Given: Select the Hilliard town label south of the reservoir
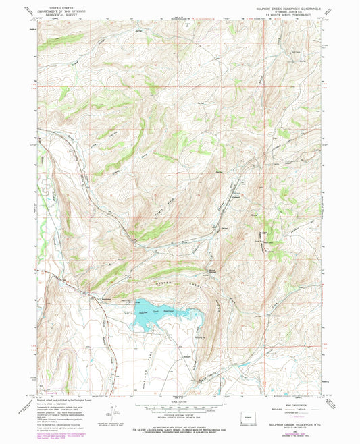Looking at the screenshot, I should click(187, 352).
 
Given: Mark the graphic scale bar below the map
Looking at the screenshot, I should click(180, 407).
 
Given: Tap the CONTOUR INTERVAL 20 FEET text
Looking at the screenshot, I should click(180, 414).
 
